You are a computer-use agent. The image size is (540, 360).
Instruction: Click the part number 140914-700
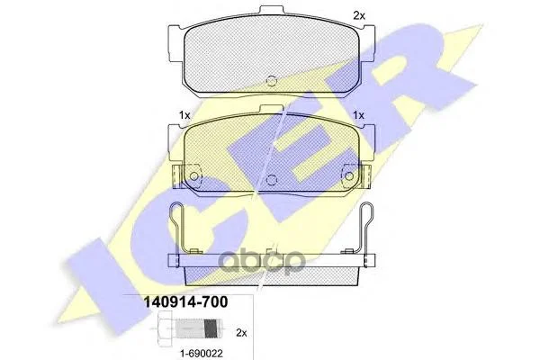185,302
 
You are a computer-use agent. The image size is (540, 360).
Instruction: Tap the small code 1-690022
202,353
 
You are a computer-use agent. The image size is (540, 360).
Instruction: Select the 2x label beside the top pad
359,15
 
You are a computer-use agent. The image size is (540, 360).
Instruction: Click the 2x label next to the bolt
241,333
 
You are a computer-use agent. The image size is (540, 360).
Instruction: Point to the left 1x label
184,115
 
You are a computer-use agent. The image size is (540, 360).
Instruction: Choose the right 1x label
358,115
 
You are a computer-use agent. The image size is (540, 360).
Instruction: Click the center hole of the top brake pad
272,81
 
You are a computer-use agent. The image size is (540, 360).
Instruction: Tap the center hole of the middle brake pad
272,179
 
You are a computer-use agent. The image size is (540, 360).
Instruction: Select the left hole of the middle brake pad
194,176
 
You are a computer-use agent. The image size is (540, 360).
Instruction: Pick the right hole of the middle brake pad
349,176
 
